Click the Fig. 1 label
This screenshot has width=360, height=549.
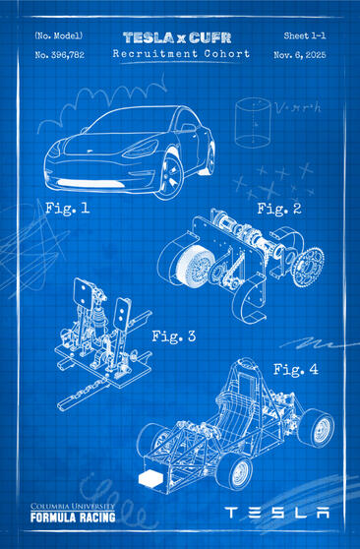coord(67,209)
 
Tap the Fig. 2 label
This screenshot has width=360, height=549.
coord(279,209)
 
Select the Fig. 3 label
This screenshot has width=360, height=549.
coord(173,336)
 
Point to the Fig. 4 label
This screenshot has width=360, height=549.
coord(295,369)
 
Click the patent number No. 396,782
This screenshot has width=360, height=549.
coord(60,55)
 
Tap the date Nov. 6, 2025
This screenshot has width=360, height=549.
coord(300,55)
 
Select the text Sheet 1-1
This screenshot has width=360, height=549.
coord(305,35)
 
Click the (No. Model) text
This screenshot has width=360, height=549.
coord(59,35)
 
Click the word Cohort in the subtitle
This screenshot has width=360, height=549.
coord(227,54)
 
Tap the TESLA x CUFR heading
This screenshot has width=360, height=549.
coord(177,37)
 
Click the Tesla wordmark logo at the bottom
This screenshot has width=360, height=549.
coord(277,513)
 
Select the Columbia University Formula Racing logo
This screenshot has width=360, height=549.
coord(73,513)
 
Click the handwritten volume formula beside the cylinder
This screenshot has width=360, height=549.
coord(298,107)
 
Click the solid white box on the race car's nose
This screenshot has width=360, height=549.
coord(150,479)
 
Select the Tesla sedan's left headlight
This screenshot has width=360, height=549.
coord(140,150)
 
